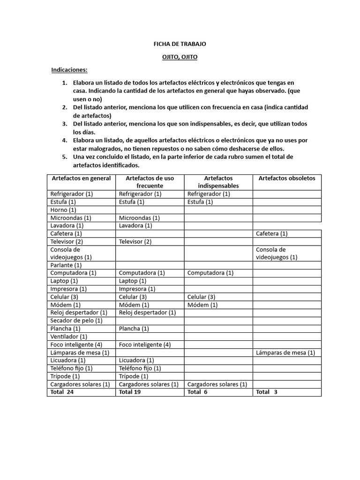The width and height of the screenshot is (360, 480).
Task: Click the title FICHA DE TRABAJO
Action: (x=180, y=44)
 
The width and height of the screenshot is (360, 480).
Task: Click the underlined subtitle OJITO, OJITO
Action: (x=180, y=57)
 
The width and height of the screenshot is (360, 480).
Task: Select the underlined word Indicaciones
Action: (x=69, y=70)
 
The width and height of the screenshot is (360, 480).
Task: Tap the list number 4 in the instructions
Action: (x=65, y=140)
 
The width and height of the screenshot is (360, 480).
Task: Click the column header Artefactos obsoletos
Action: (x=287, y=178)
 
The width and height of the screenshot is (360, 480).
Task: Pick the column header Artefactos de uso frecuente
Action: (x=150, y=182)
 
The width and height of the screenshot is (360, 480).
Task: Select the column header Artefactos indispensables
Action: (x=218, y=182)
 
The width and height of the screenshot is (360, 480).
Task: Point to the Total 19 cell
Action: (x=130, y=392)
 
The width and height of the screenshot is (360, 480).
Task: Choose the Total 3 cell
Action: (x=267, y=392)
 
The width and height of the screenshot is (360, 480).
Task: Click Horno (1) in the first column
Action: (x=63, y=210)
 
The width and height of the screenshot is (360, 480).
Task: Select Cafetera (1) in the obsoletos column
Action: (x=272, y=233)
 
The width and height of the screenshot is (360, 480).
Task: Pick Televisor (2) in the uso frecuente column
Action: (x=135, y=241)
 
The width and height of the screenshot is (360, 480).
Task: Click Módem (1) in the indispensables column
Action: (x=202, y=305)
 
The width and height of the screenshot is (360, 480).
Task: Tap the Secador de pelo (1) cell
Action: (x=76, y=321)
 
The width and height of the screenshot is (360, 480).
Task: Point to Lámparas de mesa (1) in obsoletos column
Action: (x=285, y=352)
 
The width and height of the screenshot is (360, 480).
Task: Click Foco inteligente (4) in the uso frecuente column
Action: (x=145, y=345)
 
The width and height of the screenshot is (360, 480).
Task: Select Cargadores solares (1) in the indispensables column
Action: (x=217, y=384)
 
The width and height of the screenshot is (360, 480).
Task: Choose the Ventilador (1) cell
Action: (x=68, y=337)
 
